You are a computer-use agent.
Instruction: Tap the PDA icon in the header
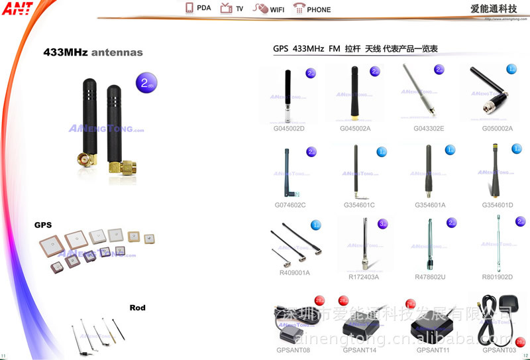click(x=189, y=9)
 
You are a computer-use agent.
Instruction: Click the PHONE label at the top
click(x=319, y=9)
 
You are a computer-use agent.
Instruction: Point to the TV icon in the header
click(x=226, y=9)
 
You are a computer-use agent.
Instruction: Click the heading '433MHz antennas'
click(x=93, y=52)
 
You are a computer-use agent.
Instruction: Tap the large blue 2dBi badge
click(x=146, y=84)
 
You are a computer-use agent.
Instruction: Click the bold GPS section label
click(x=43, y=225)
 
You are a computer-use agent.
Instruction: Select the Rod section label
click(x=137, y=308)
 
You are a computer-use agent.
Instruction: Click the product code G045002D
click(x=289, y=128)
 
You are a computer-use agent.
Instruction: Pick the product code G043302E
click(x=429, y=128)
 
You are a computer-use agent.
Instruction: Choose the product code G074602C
click(x=290, y=205)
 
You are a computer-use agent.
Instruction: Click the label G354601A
click(x=430, y=205)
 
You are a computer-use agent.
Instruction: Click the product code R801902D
click(x=498, y=276)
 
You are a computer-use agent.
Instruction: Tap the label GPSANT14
click(x=360, y=349)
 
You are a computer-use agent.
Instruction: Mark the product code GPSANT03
click(x=499, y=349)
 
